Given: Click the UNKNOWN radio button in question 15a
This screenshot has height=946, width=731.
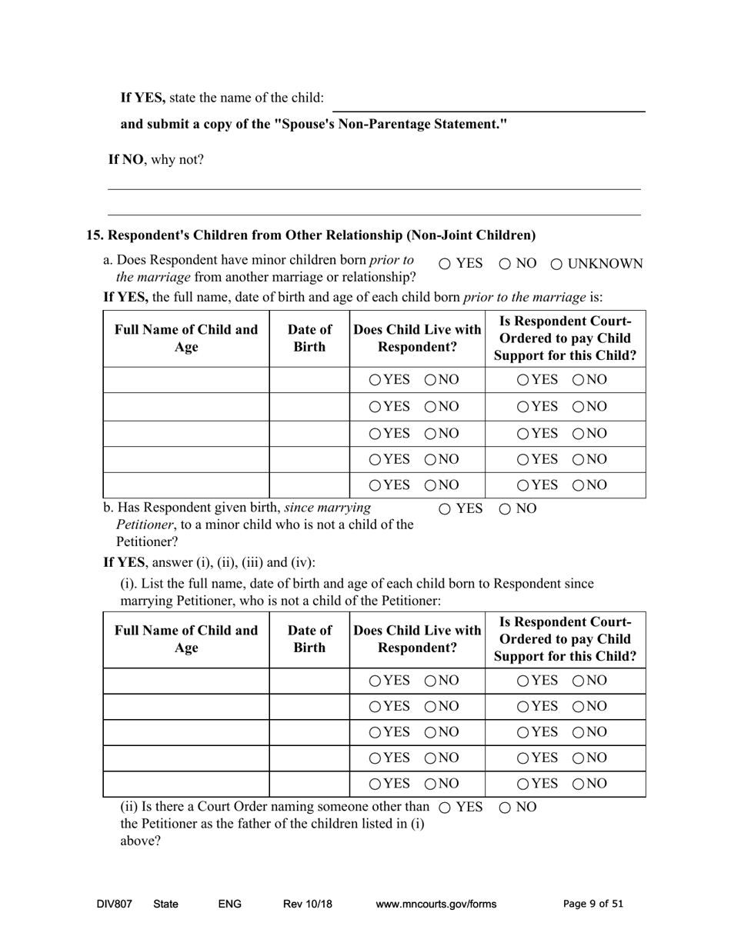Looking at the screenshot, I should [x=557, y=265].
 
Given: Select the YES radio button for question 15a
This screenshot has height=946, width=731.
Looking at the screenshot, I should [x=445, y=265].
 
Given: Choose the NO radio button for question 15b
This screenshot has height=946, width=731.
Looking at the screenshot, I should [x=506, y=509].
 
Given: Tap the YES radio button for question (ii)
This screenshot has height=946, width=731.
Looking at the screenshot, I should [x=445, y=808].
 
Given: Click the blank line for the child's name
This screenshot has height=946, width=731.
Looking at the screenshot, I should [x=489, y=105].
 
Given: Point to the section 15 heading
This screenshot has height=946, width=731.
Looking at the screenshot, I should [x=311, y=235].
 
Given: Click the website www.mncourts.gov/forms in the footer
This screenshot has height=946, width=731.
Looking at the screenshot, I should [x=436, y=904].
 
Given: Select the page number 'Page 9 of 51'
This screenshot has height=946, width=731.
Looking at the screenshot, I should [x=593, y=904].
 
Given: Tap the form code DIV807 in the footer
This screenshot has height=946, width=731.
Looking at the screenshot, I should [x=115, y=904].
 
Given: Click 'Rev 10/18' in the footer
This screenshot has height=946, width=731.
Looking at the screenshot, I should [x=308, y=904].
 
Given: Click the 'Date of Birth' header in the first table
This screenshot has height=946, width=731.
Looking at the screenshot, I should [x=309, y=338].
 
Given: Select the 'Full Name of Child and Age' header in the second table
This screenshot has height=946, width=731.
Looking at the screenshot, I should [x=186, y=639].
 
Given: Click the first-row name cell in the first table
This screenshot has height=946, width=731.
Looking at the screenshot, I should [x=186, y=380].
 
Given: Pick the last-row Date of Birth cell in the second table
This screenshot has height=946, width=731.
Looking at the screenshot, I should [x=309, y=784].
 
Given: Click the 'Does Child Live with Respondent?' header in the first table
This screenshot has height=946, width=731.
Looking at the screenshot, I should [x=417, y=338].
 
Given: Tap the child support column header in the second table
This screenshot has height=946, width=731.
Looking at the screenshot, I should [x=565, y=639].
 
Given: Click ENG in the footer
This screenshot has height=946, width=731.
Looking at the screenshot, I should [x=230, y=904].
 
